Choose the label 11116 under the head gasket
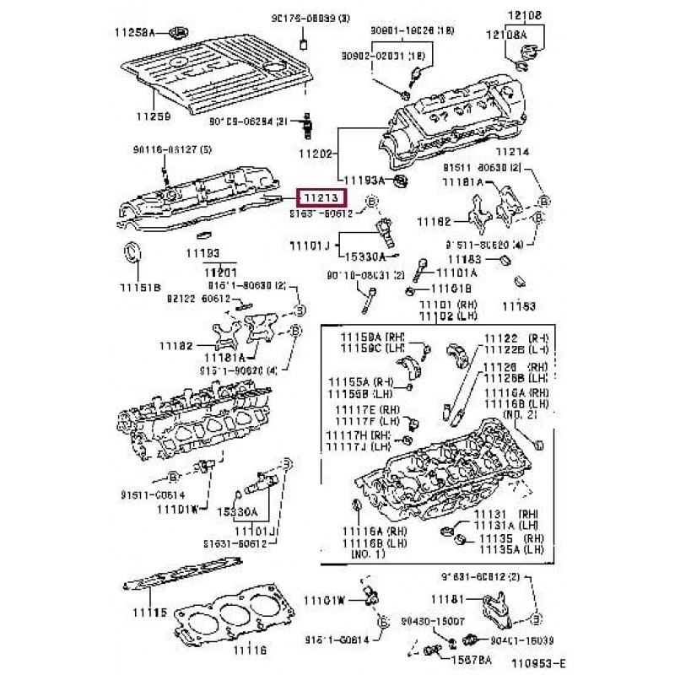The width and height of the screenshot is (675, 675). (x=250, y=650)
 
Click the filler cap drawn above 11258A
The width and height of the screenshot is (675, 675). (x=177, y=35)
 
